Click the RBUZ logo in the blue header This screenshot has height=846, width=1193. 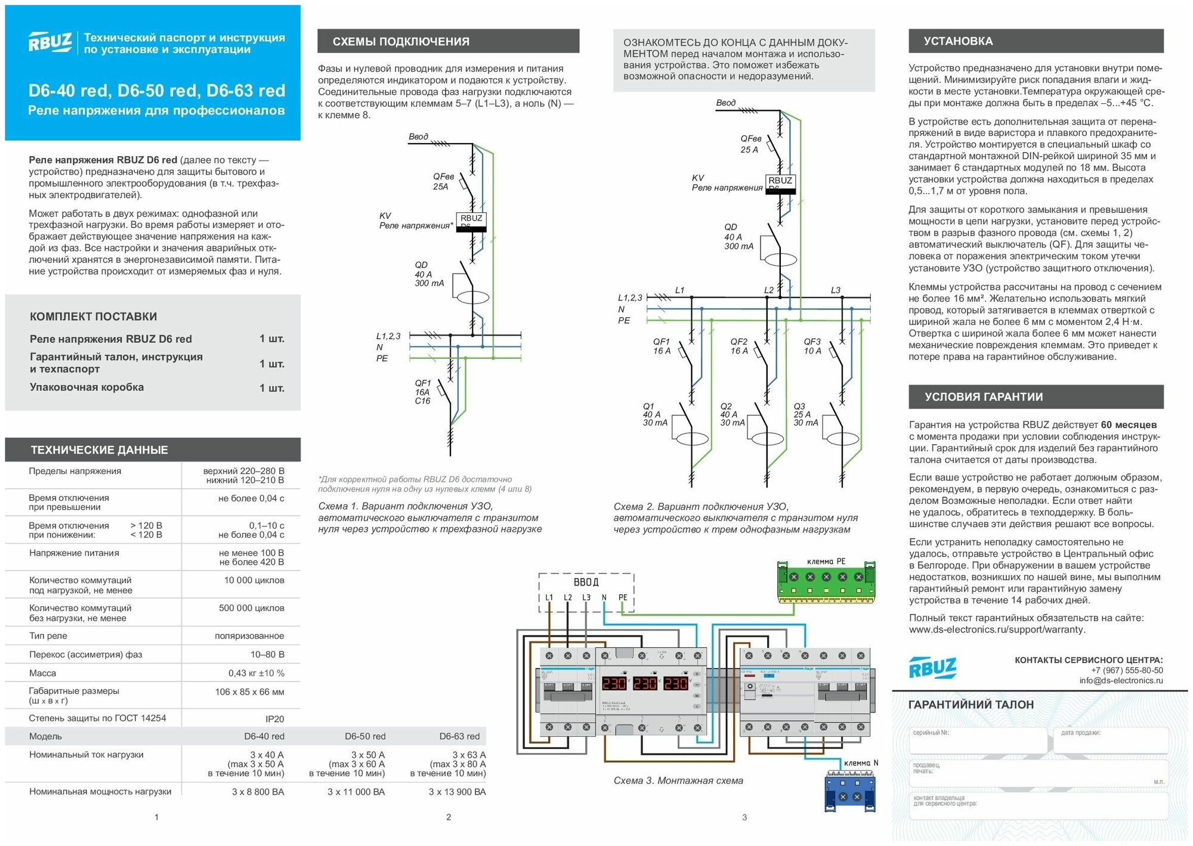pos(50,42)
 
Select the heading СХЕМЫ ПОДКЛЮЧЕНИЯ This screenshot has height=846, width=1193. pos(400,42)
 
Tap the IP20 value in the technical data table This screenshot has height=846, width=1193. pos(274,719)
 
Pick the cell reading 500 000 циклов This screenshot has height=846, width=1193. pos(251,608)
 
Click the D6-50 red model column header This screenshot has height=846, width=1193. pos(365,736)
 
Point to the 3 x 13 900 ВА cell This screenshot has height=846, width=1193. pos(457,792)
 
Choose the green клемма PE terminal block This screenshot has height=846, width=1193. pos(826,581)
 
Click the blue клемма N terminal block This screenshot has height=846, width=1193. pos(849,791)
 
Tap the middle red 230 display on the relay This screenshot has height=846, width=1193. pos(645,683)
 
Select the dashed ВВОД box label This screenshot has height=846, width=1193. pos(586,582)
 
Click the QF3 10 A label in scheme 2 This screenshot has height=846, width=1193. pos(812,346)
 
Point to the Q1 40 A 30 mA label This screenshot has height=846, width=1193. pos(654,414)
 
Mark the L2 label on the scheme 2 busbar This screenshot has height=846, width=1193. pos(769,290)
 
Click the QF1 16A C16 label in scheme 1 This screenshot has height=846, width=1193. pos(422,392)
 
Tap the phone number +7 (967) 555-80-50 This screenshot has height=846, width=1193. pos(1127,670)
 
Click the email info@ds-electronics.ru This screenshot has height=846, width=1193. pos(1121,680)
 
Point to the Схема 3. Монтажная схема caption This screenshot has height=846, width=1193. pos(678,780)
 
